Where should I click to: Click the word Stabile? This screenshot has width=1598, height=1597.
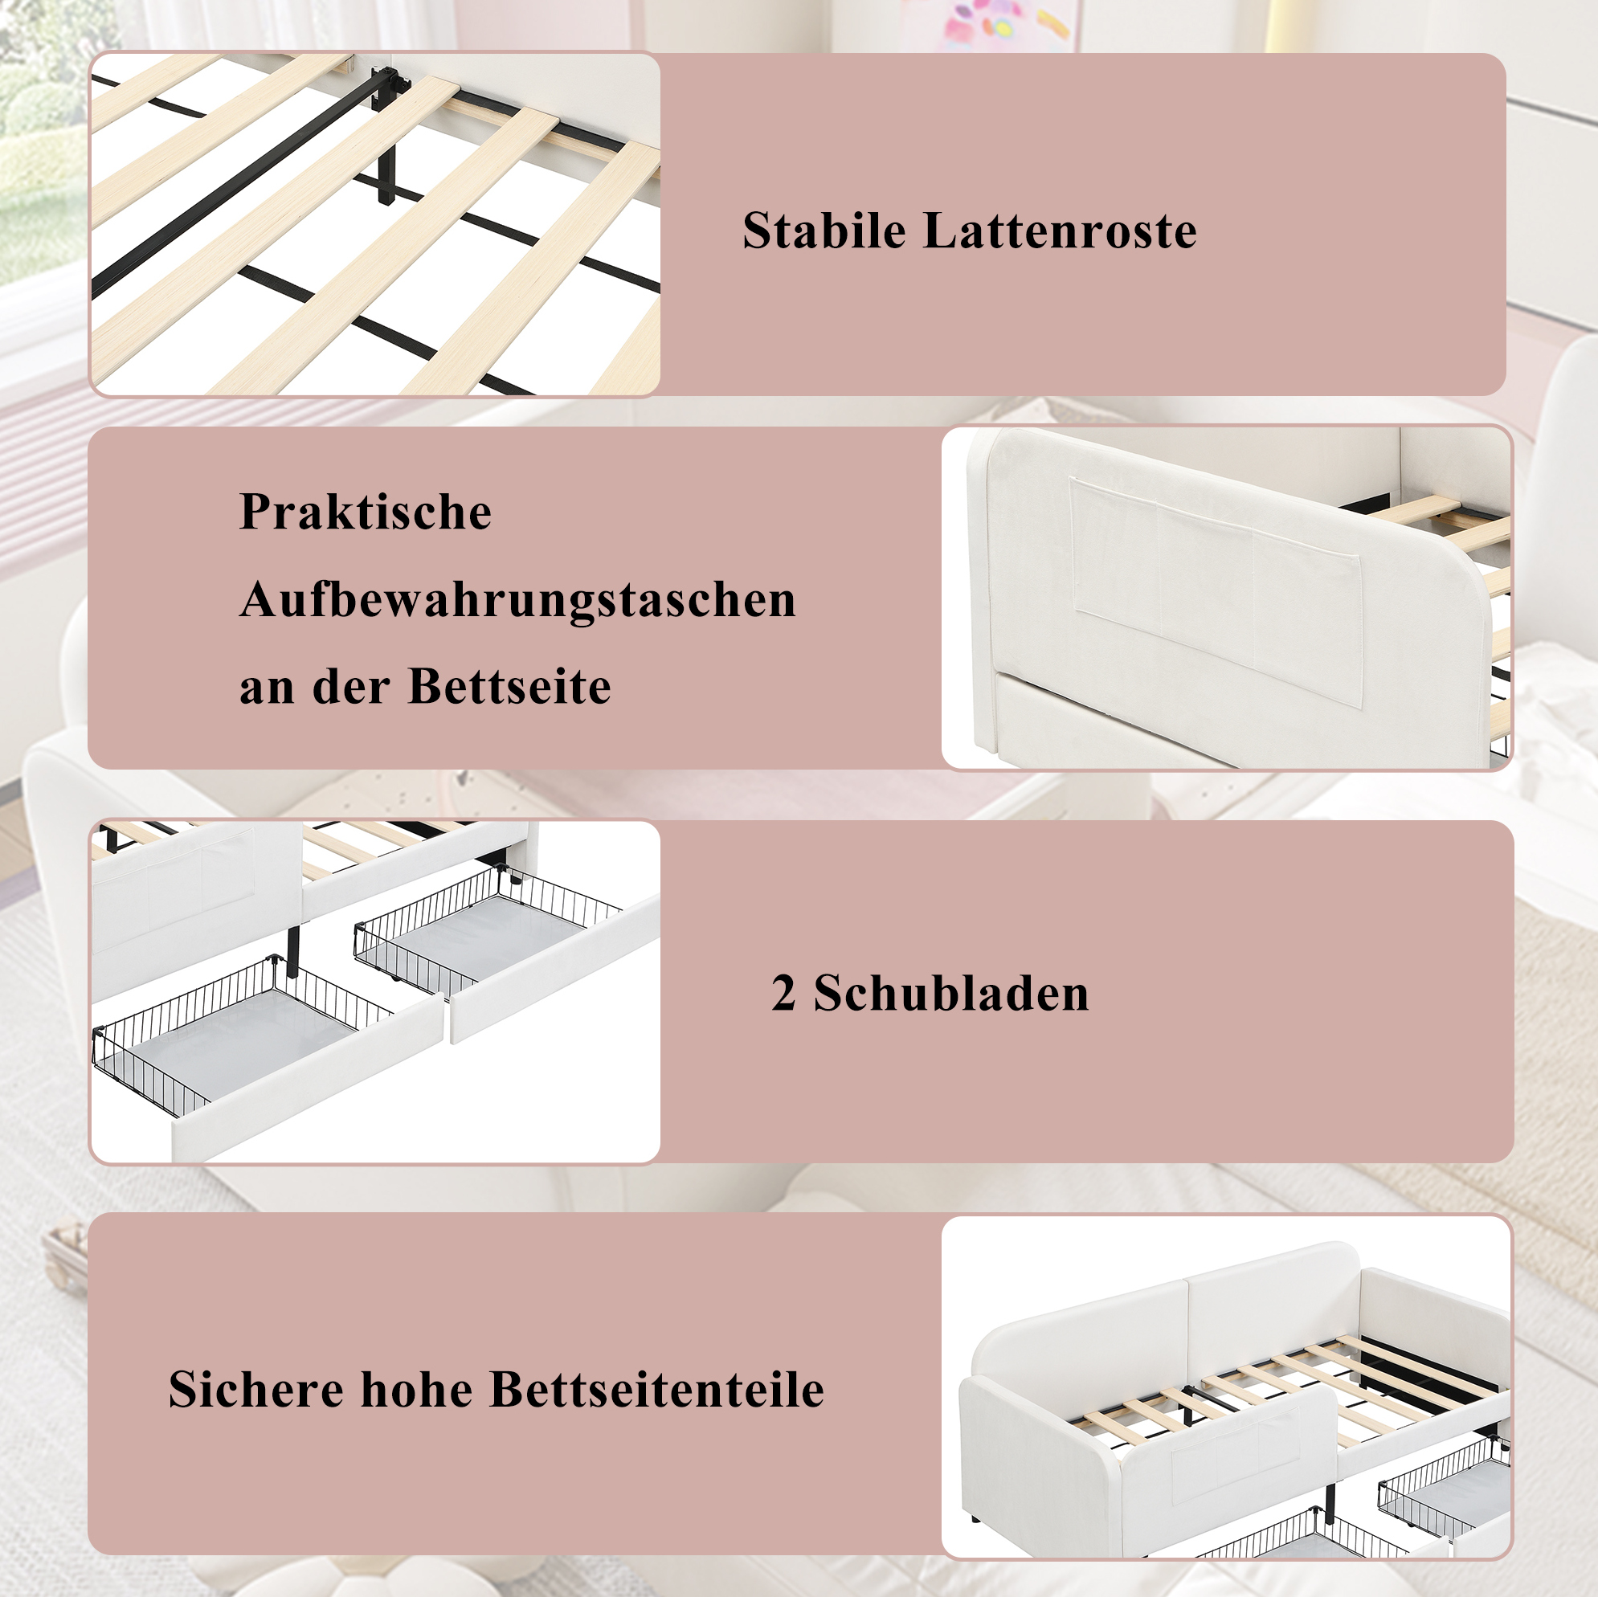[824, 230]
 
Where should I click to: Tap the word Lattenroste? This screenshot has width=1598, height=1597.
[1061, 230]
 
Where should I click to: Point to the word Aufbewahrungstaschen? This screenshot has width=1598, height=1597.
[517, 600]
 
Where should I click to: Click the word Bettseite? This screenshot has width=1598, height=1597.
[509, 687]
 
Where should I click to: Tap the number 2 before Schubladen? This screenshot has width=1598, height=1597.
[783, 993]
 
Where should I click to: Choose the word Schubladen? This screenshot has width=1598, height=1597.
[951, 993]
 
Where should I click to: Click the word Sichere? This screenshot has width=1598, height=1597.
[255, 1390]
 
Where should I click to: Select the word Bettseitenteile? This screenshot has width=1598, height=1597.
[656, 1390]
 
